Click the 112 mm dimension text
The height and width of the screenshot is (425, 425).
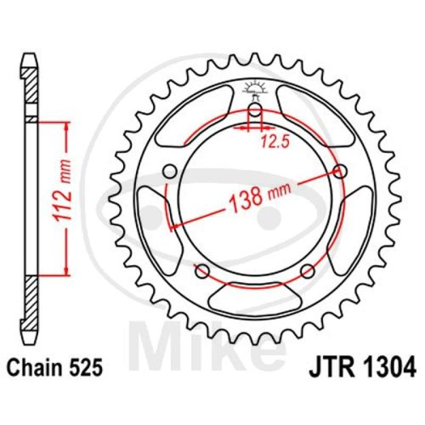(x=63, y=194)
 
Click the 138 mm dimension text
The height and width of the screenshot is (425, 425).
(x=259, y=195)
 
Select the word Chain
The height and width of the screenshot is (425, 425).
(x=35, y=368)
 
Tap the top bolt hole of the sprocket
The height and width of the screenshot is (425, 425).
(x=255, y=110)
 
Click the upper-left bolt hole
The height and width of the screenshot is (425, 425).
(x=170, y=171)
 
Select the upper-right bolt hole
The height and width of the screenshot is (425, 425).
(x=340, y=171)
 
